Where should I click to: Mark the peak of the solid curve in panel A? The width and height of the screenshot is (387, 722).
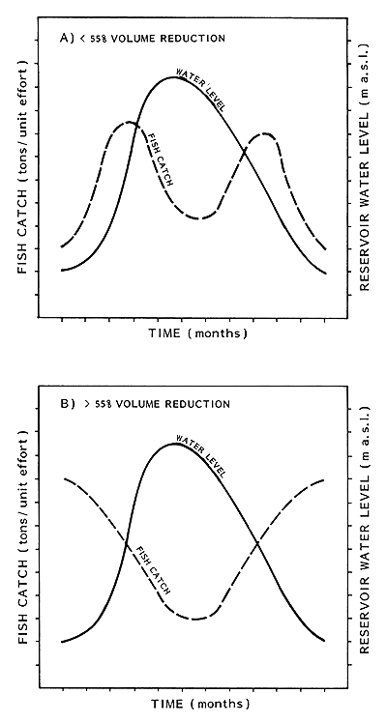click(174, 76)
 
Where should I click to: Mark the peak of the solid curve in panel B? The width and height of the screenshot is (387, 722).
click(175, 443)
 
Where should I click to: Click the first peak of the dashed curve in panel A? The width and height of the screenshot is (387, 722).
click(128, 123)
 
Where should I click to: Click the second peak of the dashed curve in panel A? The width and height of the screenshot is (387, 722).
click(264, 134)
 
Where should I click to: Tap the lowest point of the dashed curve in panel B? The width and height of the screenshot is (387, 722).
click(194, 619)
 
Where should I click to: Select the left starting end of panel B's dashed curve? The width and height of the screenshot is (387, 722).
click(64, 478)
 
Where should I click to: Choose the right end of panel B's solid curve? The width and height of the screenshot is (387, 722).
click(325, 641)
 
